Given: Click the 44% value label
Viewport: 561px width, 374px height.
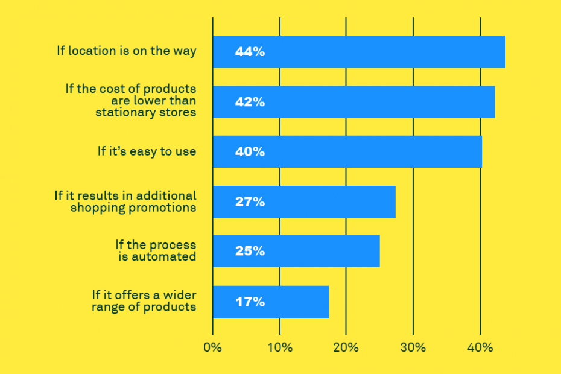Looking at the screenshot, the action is [250, 51].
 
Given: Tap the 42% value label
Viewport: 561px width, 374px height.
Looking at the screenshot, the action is [250, 102].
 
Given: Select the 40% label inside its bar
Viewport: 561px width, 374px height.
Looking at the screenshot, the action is [250, 152].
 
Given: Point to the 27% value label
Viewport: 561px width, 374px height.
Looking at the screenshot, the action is [250, 202].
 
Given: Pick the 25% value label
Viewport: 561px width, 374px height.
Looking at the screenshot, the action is [250, 251].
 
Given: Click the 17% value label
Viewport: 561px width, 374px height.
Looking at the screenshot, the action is [250, 302].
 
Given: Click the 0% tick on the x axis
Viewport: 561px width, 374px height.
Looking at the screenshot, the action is [212, 347].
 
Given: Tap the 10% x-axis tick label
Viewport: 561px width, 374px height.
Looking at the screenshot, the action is [280, 347].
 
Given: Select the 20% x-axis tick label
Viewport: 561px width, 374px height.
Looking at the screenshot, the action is [346, 347].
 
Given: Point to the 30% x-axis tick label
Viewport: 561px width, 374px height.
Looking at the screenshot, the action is [413, 347].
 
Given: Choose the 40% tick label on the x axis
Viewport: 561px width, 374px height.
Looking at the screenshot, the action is [480, 347].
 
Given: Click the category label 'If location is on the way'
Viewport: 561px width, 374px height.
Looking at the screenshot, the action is [127, 51].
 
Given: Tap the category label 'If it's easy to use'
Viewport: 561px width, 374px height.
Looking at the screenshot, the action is [147, 151].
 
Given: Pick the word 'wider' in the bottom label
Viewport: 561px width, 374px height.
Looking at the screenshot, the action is [180, 295].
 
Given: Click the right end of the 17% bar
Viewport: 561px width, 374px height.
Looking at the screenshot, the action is [329, 302].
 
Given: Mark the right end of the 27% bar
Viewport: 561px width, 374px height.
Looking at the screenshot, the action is [395, 202].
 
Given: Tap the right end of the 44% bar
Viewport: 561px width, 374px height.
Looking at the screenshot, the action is [504, 51].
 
